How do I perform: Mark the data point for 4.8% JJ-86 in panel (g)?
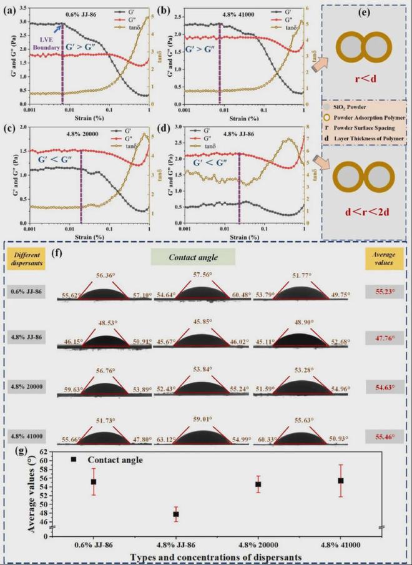[x=176, y=514]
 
